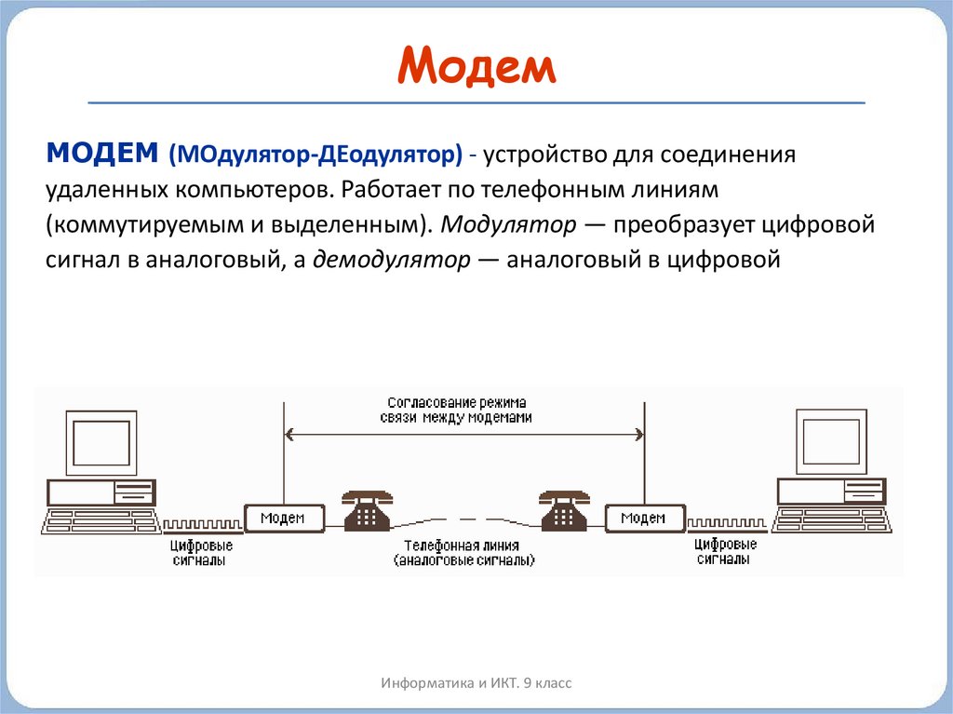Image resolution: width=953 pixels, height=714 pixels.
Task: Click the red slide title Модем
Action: [x=476, y=68]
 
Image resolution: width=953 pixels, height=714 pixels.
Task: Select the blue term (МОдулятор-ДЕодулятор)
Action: [x=315, y=153]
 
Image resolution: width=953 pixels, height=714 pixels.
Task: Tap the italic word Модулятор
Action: [x=507, y=224]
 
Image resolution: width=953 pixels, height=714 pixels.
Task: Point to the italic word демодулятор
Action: [x=392, y=261]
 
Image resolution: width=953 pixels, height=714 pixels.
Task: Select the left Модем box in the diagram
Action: [x=284, y=518]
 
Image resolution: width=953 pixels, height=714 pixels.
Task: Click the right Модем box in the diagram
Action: [x=643, y=518]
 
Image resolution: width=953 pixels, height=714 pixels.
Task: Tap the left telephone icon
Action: [x=367, y=511]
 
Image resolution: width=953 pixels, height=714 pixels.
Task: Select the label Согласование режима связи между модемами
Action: [x=456, y=411]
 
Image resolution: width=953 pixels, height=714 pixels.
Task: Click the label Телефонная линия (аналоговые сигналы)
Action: [x=463, y=553]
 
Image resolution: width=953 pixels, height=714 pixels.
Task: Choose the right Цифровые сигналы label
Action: [x=725, y=552]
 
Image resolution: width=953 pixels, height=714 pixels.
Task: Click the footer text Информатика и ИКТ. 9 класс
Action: [x=476, y=683]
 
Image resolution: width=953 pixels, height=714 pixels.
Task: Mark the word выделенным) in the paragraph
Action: [x=355, y=224]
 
